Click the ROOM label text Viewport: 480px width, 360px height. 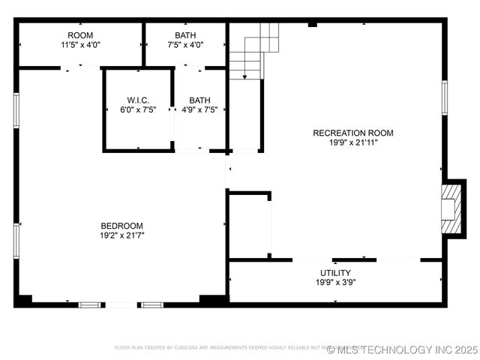(80, 35)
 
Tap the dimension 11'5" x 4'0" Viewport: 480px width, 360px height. (80, 45)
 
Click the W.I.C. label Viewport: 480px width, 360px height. (138, 100)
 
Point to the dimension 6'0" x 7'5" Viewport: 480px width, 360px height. (138, 109)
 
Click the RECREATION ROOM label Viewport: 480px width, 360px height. (352, 133)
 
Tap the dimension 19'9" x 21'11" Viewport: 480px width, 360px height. (352, 142)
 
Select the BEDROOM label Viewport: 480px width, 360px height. (122, 226)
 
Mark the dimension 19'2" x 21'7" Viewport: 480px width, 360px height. (122, 235)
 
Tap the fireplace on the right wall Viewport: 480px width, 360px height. (450, 208)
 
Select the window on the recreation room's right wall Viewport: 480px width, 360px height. (445, 97)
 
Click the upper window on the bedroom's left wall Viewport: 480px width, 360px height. (16, 110)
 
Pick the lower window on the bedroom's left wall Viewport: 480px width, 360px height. (16, 241)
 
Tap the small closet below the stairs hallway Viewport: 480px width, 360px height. (249, 225)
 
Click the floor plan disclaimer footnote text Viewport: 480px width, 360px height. (225, 348)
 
